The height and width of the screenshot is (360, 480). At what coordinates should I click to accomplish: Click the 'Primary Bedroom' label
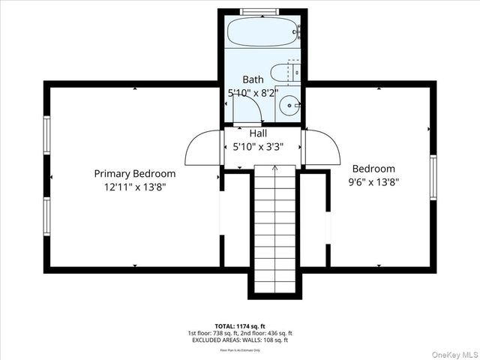pos(135,173)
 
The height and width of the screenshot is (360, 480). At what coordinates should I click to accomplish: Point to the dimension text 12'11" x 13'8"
pos(135,187)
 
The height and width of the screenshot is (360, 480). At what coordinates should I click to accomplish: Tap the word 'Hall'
pos(258,133)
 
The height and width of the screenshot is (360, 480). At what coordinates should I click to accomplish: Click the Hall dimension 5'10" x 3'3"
pos(258,147)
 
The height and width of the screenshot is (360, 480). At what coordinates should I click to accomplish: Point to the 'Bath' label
pos(253,79)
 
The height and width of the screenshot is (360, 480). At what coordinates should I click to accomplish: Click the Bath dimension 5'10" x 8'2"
pos(253,93)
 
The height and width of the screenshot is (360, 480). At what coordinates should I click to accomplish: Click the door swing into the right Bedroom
pos(322,148)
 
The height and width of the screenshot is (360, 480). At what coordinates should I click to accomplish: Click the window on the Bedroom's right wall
pos(433,177)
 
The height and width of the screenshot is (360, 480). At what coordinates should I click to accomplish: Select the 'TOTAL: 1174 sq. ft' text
pos(240,326)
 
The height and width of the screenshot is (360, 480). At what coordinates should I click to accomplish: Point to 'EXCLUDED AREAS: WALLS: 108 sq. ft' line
pos(240,340)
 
